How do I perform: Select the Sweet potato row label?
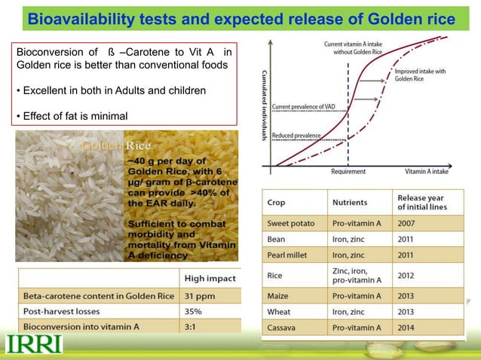(291, 224)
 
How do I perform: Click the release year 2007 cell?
(408, 224)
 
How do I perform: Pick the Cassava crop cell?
(284, 328)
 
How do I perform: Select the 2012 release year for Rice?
(408, 276)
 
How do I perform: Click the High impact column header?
(210, 278)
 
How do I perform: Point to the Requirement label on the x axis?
(348, 172)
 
